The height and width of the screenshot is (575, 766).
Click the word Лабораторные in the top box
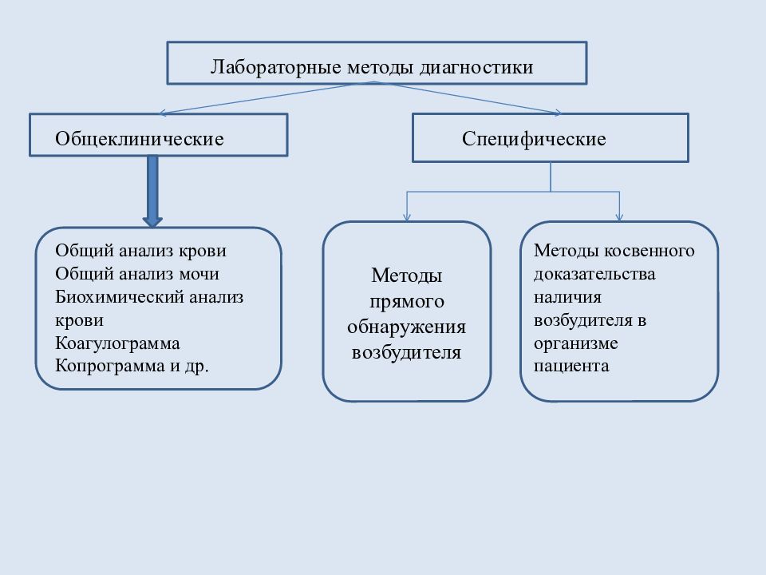tap(275, 67)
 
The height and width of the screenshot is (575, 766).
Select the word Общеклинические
tap(139, 139)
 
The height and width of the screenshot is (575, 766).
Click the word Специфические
tap(534, 139)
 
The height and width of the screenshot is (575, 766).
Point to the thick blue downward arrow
tap(152, 191)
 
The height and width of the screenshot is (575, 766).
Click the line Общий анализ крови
tap(140, 251)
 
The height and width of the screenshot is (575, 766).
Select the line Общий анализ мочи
tap(137, 274)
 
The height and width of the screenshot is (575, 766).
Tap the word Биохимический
tap(120, 297)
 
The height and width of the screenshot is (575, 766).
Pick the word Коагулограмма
tap(118, 343)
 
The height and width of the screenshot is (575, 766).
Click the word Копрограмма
tap(110, 366)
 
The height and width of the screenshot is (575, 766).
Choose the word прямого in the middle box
tap(406, 302)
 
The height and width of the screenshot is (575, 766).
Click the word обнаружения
tap(406, 327)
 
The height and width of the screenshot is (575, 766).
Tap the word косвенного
tap(650, 250)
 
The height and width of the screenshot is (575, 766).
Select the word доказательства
tap(594, 274)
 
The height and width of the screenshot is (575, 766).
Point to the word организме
tap(576, 343)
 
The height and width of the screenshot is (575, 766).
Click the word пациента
tap(571, 367)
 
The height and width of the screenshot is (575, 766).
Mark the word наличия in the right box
tap(567, 297)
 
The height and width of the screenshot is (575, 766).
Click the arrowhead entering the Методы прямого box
tap(407, 217)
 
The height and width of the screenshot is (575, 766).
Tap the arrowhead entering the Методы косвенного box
tap(619, 217)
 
